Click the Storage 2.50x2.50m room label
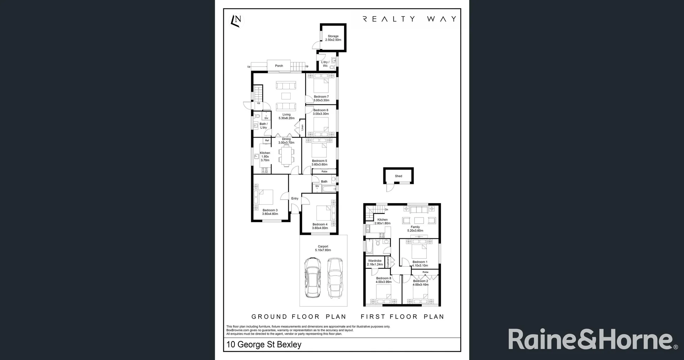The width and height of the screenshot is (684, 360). coord(333,38)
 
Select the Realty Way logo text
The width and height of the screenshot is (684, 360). coord(409,19)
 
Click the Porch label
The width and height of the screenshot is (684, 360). coord(279,66)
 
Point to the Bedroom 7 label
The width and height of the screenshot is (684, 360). coord(321,97)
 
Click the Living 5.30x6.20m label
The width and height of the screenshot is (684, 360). coord(286,116)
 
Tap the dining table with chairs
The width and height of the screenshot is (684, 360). coord(286,156)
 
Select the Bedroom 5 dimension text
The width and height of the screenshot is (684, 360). coord(319,165)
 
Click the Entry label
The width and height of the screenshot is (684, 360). coord(295,199)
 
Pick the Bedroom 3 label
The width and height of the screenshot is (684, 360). coord(270,210)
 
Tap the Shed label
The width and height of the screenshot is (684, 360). coord(398,176)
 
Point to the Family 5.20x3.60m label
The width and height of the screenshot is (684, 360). coord(415,229)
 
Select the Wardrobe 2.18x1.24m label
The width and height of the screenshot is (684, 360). coord(375,263)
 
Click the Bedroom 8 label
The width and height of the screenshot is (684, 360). coord(383,278)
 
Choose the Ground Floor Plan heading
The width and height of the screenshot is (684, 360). coord(299,317)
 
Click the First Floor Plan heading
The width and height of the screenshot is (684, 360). coord(402,317)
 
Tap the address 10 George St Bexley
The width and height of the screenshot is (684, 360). coord(264,345)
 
